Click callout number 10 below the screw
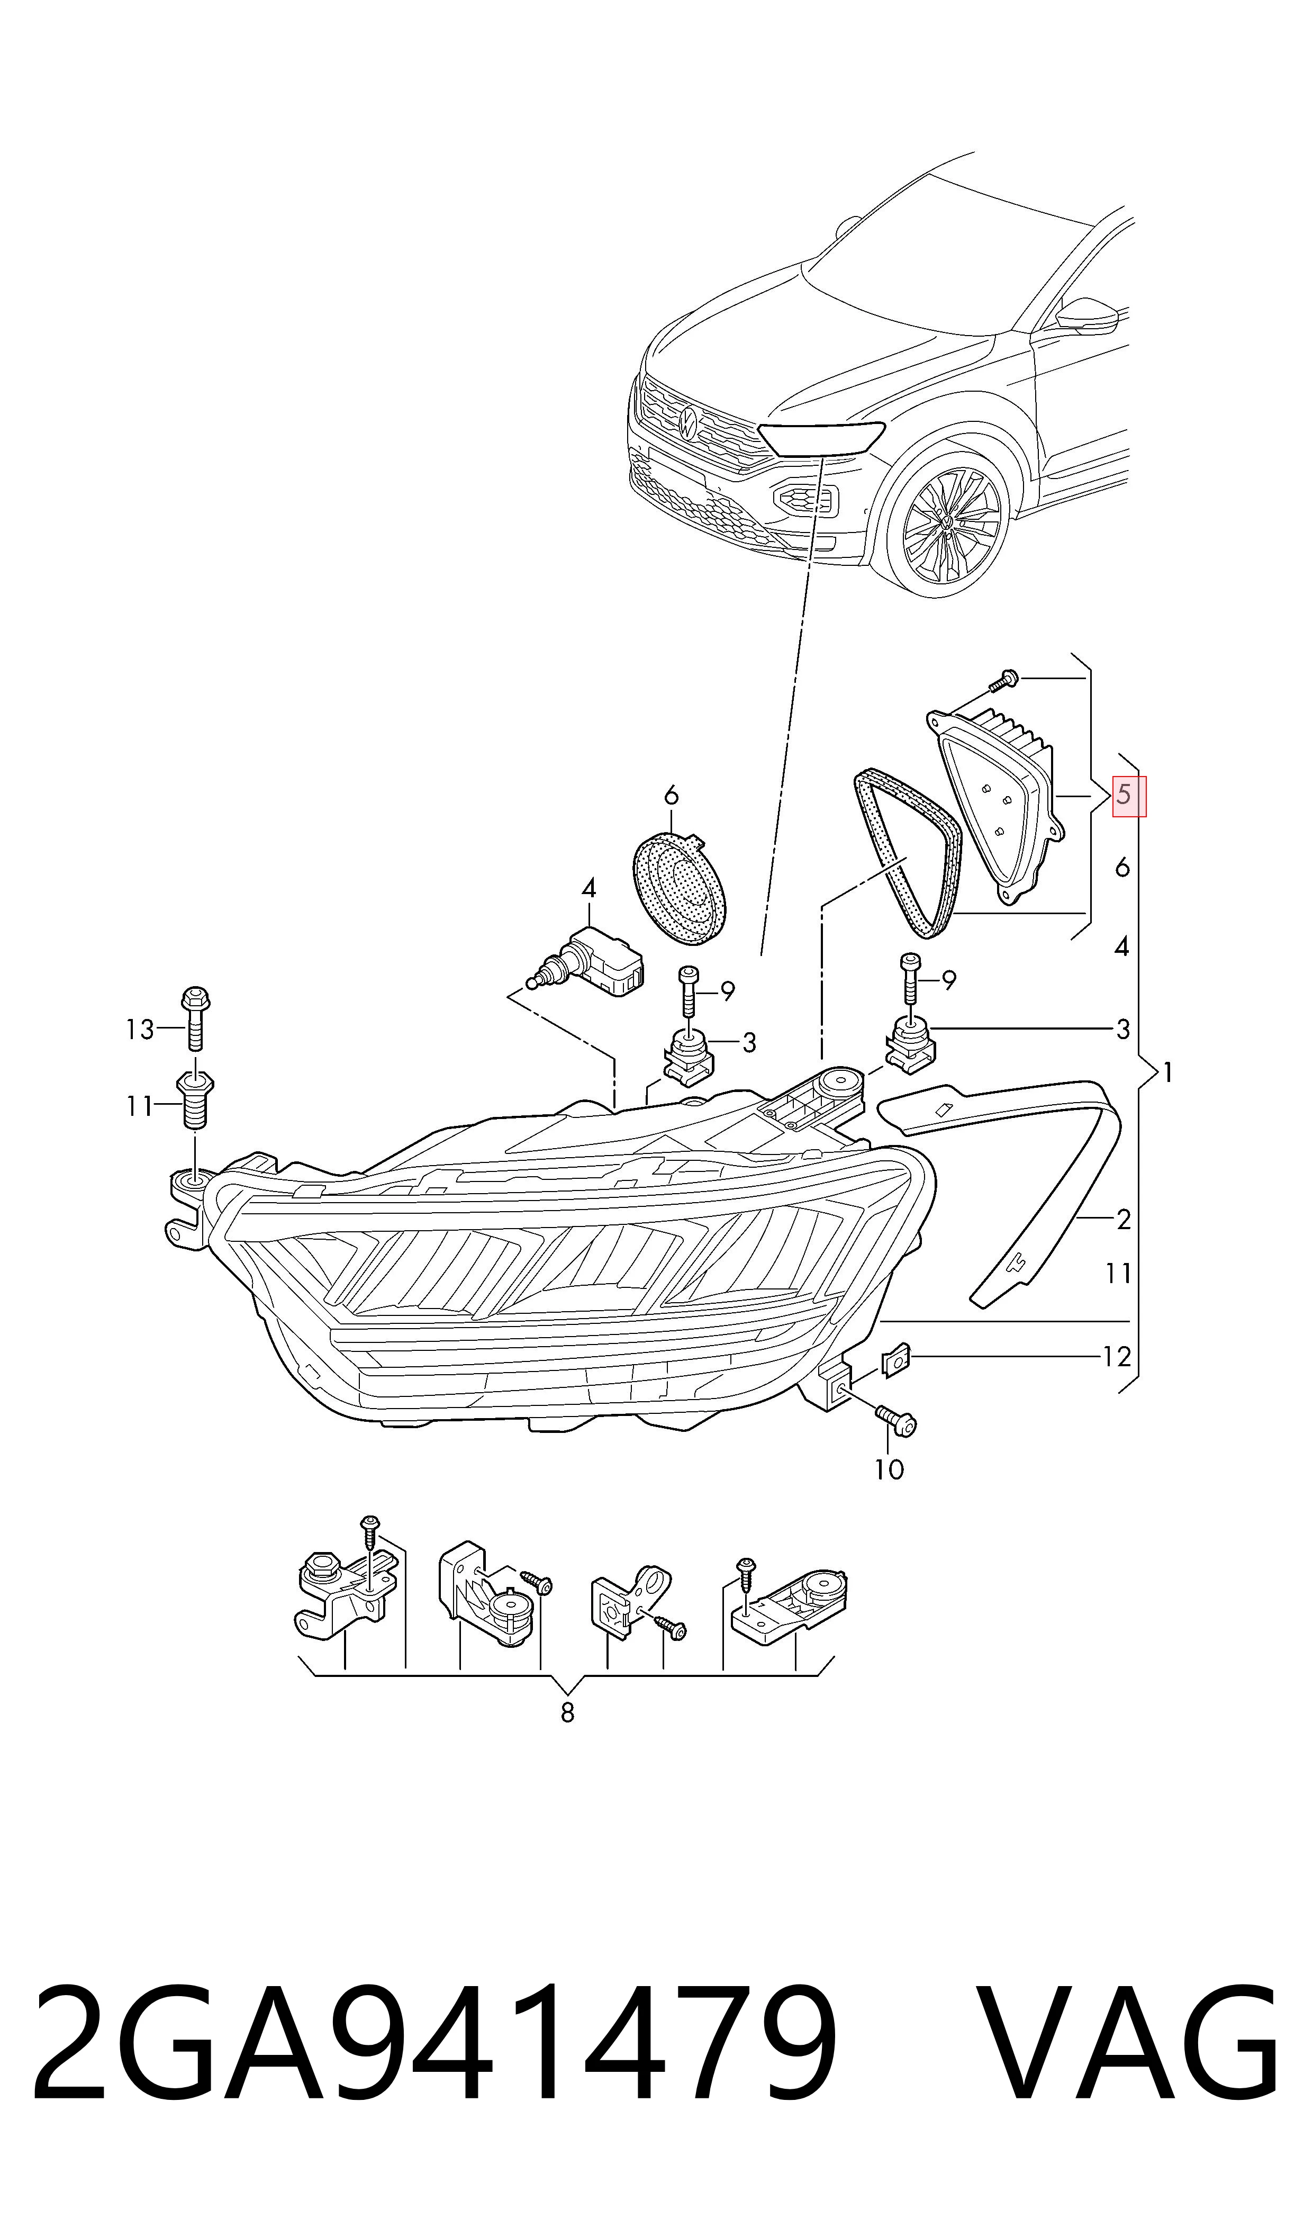point(889,1469)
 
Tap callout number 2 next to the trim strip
point(1124,1220)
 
